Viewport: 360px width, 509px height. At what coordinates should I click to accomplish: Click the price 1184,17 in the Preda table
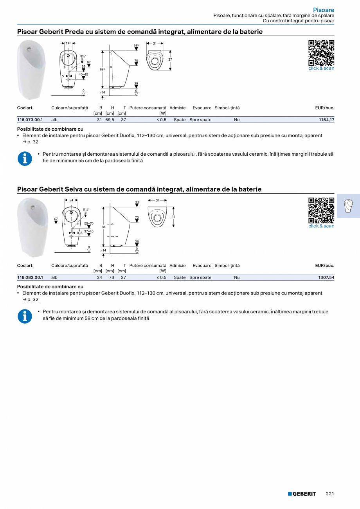[x=326, y=120]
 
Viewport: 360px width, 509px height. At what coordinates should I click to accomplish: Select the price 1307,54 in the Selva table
[x=326, y=277]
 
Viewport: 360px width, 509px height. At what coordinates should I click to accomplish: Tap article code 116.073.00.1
[x=30, y=120]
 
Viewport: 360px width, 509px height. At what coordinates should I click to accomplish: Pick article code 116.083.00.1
[x=30, y=277]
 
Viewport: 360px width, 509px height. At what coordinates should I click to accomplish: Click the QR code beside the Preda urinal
[x=321, y=53]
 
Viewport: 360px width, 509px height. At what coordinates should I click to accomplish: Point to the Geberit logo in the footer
[x=302, y=494]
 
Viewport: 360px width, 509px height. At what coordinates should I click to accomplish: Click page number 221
[x=330, y=494]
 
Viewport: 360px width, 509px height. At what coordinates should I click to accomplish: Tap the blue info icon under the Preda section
[x=25, y=158]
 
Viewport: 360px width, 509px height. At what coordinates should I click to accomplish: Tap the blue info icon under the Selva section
[x=25, y=316]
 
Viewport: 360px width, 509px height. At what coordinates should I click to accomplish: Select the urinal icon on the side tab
[x=348, y=205]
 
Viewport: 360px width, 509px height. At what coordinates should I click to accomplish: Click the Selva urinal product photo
[x=32, y=227]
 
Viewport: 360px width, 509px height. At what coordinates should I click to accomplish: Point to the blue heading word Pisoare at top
[x=323, y=10]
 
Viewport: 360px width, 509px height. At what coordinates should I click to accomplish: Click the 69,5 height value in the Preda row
[x=110, y=120]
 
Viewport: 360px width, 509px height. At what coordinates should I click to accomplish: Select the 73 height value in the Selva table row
[x=112, y=277]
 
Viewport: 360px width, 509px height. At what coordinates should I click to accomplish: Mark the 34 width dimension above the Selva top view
[x=158, y=200]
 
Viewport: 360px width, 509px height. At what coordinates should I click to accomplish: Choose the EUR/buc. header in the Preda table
[x=324, y=108]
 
